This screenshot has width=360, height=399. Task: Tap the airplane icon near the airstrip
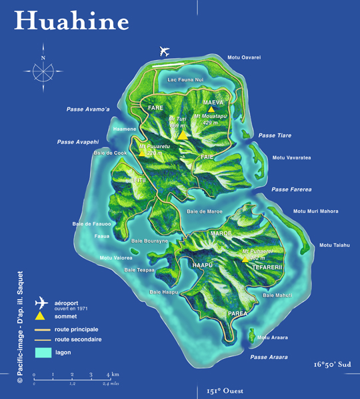(165, 51)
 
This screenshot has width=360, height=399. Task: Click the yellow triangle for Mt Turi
(182, 134)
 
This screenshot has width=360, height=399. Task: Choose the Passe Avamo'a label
(87, 109)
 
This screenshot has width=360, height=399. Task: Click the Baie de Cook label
(110, 153)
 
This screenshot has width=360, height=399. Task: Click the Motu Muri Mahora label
(316, 212)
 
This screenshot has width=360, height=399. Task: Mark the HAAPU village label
(202, 265)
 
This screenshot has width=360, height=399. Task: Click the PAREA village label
(237, 313)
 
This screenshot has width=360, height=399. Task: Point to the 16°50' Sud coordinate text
(332, 365)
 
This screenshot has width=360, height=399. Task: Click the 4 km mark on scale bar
(109, 376)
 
